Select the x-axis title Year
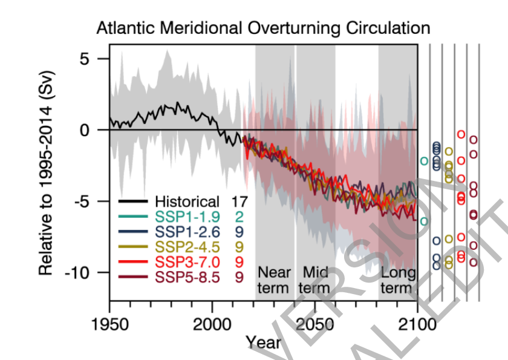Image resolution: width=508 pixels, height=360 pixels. coord(264,342)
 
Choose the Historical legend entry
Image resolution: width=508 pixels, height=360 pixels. coord(187,201)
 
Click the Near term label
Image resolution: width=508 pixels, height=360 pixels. coord(274,280)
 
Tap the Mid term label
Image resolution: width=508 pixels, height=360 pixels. coord(314,280)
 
